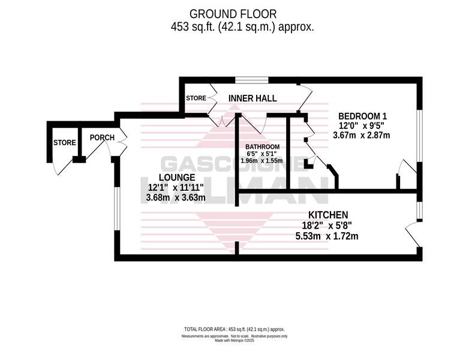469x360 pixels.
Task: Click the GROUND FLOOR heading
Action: click(x=233, y=14)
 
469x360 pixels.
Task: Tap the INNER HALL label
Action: click(x=252, y=98)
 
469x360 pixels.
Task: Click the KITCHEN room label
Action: click(x=328, y=215)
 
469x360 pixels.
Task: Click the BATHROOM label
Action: click(x=262, y=147)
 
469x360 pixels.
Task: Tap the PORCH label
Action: click(x=102, y=137)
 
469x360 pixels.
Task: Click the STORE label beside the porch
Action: click(x=65, y=143)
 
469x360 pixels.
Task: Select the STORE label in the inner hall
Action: click(x=196, y=98)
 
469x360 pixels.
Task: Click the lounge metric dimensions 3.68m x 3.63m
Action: click(x=176, y=198)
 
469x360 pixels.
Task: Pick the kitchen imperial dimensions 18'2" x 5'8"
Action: click(x=328, y=226)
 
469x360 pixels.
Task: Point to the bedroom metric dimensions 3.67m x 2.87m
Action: click(x=362, y=135)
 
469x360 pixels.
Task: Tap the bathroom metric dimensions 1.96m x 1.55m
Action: click(x=261, y=161)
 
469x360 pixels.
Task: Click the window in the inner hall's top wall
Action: click(x=251, y=80)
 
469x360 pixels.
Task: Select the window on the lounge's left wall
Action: click(x=118, y=209)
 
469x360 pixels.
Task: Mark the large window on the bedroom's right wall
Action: click(x=419, y=136)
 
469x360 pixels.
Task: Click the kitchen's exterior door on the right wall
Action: click(x=413, y=234)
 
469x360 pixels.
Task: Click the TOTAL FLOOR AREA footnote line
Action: click(x=235, y=329)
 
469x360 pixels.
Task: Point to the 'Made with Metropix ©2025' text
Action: click(x=235, y=341)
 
